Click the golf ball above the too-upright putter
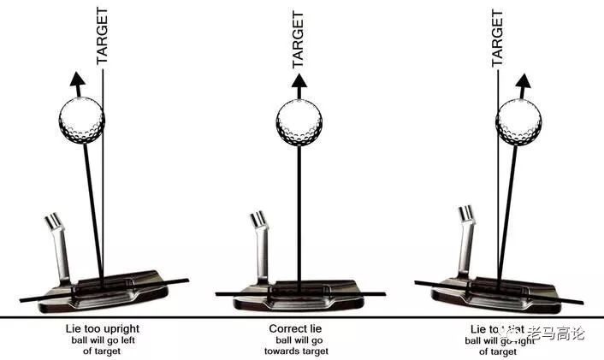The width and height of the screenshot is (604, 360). click(81, 121)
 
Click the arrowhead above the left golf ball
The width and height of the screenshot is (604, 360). click(77, 84)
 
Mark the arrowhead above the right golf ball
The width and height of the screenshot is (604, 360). click(524, 84)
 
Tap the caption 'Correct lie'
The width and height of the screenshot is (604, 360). click(299, 328)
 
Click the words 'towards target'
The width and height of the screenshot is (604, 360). click(299, 351)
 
